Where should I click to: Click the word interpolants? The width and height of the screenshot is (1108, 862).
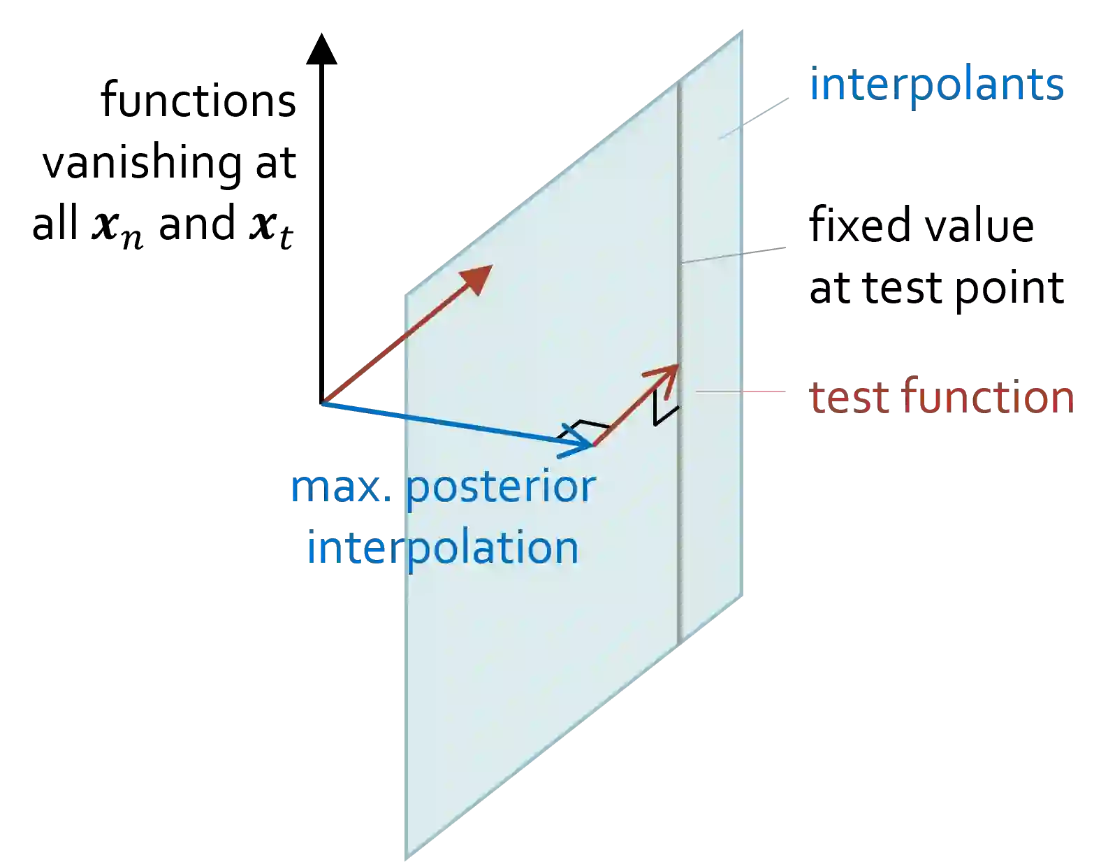(x=938, y=86)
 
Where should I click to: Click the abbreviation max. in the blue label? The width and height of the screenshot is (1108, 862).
(x=340, y=487)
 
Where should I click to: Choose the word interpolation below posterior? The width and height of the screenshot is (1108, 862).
(x=443, y=548)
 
